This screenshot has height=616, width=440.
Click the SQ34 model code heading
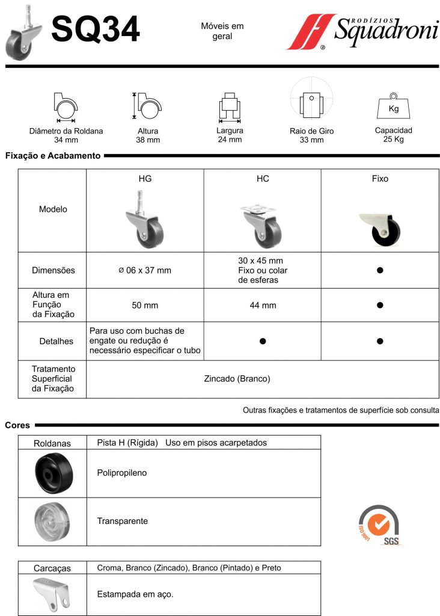(96, 29)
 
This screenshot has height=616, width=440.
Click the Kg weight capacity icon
(394, 107)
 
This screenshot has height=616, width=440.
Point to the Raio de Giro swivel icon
(311, 105)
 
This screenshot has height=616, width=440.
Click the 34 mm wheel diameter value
(66, 140)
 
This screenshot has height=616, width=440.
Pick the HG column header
(145, 179)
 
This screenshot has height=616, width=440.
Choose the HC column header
(263, 179)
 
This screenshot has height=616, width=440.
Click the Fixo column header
(380, 179)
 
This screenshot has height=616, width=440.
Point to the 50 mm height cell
(145, 306)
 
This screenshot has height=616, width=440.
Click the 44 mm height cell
(263, 306)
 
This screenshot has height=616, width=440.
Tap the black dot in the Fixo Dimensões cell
(380, 271)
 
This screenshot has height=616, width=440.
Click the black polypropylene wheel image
(53, 473)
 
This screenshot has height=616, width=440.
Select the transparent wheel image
(53, 521)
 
